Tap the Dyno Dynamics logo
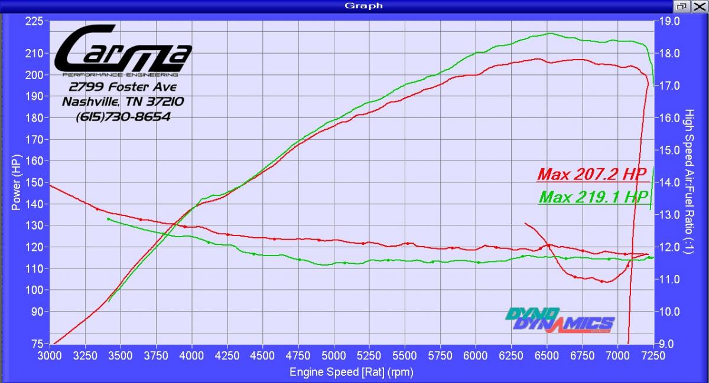(x=559, y=320)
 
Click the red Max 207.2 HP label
(x=591, y=175)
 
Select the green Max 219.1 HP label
(x=593, y=197)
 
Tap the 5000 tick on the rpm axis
(x=334, y=356)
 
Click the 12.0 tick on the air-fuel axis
(x=672, y=247)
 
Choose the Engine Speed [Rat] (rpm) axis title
(x=351, y=372)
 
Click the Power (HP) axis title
(x=16, y=182)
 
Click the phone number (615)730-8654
(x=123, y=117)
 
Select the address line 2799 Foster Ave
(x=122, y=87)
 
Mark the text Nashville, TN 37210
(x=123, y=102)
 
